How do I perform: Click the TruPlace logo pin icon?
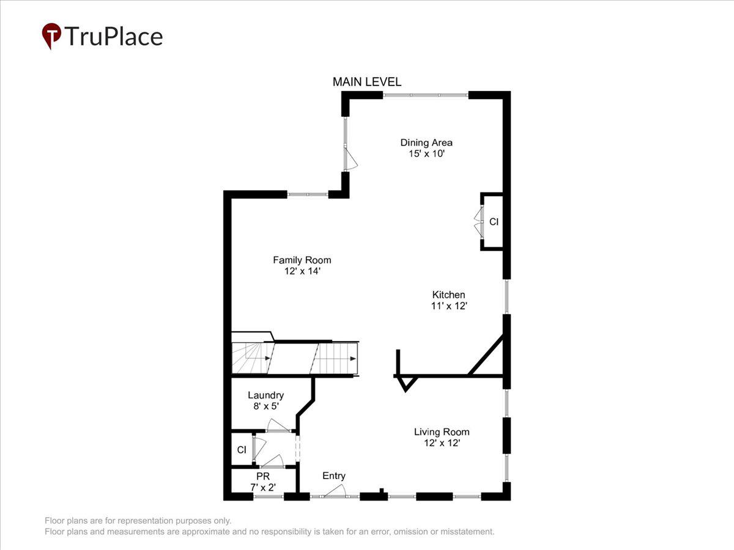51,35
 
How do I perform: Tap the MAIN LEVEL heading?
366,82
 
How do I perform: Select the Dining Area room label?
426,143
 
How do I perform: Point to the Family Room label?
302,260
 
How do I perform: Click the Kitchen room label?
449,295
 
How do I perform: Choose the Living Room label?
442,432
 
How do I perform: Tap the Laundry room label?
265,395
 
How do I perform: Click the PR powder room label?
262,476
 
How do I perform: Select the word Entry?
334,476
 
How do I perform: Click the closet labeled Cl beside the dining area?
493,222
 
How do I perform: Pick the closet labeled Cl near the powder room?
242,450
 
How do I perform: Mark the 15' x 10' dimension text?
426,154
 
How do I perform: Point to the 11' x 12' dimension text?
449,306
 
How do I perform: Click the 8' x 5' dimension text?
265,406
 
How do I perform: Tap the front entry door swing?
336,491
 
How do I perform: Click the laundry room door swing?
278,425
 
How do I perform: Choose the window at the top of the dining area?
425,95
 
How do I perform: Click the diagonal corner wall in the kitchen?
486,354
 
